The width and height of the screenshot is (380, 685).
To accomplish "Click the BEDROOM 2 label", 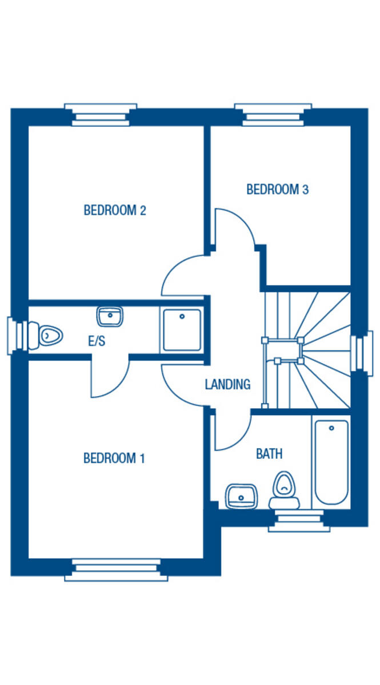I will pos(115,210).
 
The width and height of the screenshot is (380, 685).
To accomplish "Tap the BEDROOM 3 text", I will pos(277,189).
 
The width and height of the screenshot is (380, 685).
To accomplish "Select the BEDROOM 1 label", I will pos(114,458).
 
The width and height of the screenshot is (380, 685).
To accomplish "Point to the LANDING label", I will pos(227,384).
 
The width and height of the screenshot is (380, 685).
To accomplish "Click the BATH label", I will pos(269,454).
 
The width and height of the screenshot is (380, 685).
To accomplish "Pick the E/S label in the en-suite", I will pos(96,341).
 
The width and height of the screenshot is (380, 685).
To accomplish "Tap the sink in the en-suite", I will pos(110,316).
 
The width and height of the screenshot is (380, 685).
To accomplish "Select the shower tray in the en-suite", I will pos(182,329).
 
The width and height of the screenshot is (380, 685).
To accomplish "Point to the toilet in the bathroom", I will pos(284,491).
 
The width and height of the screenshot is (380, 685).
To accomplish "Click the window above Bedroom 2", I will pos(101,115).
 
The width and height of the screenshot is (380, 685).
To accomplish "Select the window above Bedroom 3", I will pos(273,115).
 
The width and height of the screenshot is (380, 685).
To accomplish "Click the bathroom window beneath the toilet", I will pos(299,520).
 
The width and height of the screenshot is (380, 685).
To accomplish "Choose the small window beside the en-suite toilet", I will pos(14,336).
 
